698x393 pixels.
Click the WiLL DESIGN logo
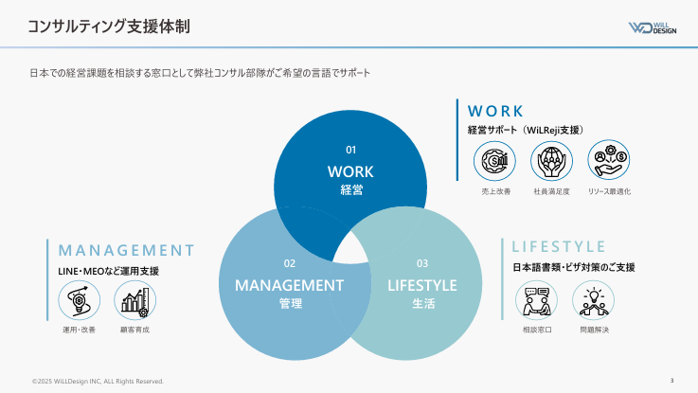[x=653, y=28]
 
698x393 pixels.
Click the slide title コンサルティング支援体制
[x=109, y=27]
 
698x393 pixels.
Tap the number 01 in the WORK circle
[x=350, y=150]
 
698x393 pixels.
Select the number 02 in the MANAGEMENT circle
[x=290, y=263]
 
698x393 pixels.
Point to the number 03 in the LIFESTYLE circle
[x=422, y=263]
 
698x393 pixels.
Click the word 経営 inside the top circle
[x=351, y=190]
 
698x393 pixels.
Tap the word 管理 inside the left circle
[x=290, y=304]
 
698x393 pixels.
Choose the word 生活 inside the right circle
[x=423, y=304]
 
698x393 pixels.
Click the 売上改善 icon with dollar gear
[x=494, y=161]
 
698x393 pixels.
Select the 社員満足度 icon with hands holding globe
[x=551, y=161]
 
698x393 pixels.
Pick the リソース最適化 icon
[x=609, y=160]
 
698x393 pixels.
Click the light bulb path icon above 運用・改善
[x=80, y=300]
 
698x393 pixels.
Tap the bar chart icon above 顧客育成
[x=134, y=300]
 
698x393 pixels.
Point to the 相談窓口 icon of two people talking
[x=536, y=300]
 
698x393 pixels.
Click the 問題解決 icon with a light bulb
[x=594, y=300]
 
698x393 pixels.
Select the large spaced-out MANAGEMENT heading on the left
[x=126, y=250]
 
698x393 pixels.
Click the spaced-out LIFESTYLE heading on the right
[x=558, y=246]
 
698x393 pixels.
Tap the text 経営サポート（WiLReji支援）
[x=526, y=130]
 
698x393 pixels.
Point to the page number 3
[x=671, y=380]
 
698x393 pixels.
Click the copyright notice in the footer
[x=98, y=382]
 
